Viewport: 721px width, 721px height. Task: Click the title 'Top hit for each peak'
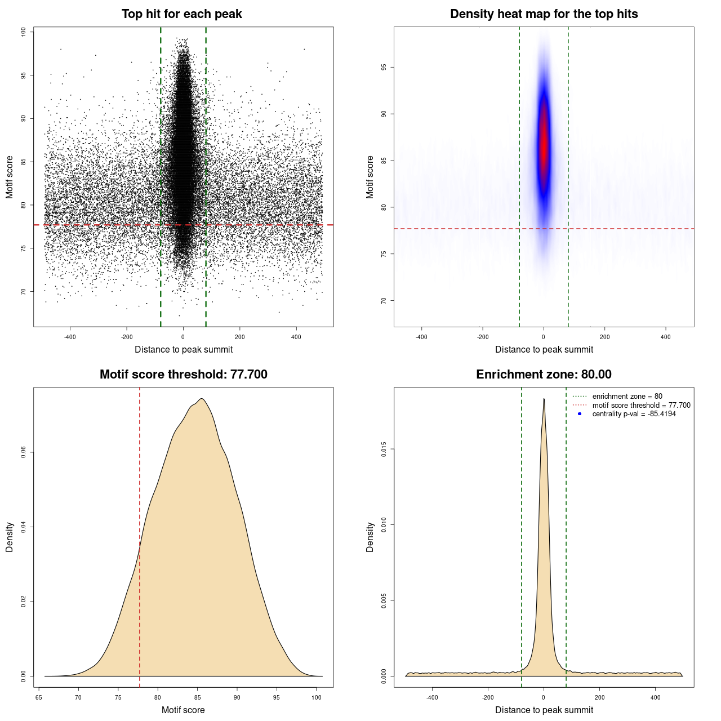tap(181, 14)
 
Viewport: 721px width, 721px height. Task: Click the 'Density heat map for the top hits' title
tap(544, 14)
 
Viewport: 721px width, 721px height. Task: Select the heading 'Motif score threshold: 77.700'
tap(183, 375)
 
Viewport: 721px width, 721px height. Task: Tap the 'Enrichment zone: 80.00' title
tap(544, 375)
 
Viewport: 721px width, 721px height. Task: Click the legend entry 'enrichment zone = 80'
tap(627, 397)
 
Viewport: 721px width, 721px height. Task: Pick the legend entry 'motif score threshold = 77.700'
tap(641, 406)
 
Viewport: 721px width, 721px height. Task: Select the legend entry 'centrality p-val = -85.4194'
tap(634, 414)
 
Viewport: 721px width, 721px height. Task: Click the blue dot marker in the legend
tap(580, 414)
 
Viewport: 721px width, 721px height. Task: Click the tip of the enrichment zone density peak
tap(544, 399)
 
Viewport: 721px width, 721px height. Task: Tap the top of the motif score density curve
tap(201, 399)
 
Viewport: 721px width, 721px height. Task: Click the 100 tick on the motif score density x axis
tap(317, 697)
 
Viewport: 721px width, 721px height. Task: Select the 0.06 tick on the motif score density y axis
tap(23, 452)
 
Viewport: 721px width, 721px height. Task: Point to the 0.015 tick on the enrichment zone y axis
tap(384, 449)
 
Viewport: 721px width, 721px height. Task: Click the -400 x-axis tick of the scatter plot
tap(70, 337)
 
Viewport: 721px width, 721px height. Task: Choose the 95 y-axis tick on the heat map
tap(384, 68)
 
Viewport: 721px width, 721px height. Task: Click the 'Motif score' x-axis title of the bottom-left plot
tap(183, 710)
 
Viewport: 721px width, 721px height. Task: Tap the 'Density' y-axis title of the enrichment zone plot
tap(370, 537)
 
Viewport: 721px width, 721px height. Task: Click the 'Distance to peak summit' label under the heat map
tap(544, 349)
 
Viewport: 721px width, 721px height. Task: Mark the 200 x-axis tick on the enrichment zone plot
tap(599, 697)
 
